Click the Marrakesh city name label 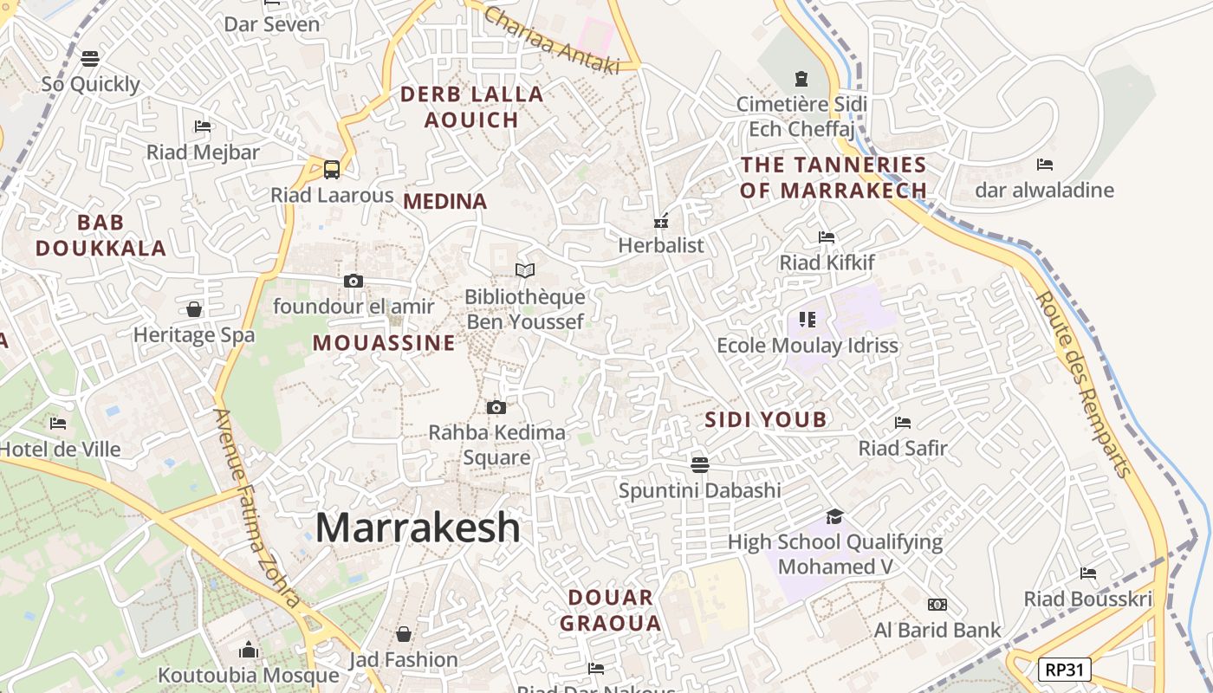[418, 528]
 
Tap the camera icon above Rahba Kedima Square [496, 407]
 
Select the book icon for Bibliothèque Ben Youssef [525, 271]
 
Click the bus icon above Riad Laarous [332, 169]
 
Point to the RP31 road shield [1065, 669]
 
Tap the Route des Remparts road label [1084, 384]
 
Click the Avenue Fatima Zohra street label [257, 508]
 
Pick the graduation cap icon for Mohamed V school [834, 516]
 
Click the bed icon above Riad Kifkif [827, 236]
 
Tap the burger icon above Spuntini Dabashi [700, 464]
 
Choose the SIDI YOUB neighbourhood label [766, 420]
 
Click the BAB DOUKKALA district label [101, 236]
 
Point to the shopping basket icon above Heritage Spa [194, 309]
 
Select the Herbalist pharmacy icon [661, 221]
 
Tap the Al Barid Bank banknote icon [937, 605]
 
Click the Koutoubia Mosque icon [249, 650]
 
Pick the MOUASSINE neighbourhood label [384, 343]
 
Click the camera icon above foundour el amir [354, 281]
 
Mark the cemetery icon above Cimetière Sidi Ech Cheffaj [801, 80]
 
